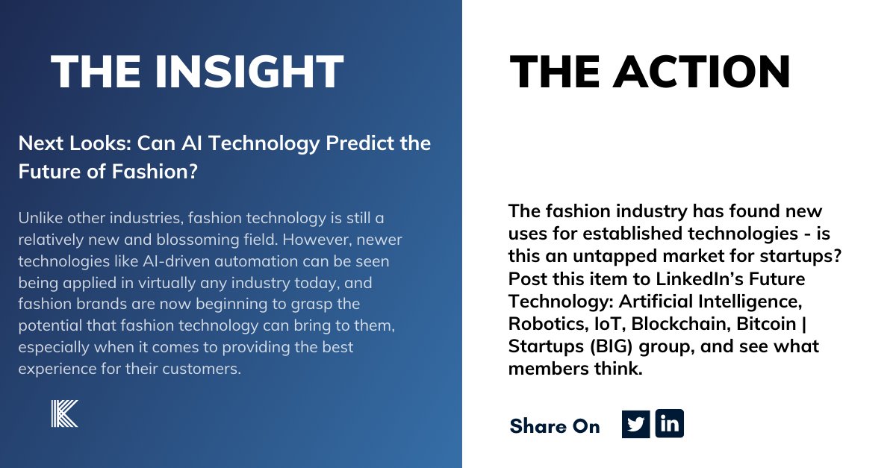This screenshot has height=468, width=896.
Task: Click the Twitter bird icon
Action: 635,424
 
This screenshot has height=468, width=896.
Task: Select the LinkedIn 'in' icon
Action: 670,424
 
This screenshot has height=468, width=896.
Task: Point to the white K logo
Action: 64,414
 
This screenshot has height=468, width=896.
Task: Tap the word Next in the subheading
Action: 39,143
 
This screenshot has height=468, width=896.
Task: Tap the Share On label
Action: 555,426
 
